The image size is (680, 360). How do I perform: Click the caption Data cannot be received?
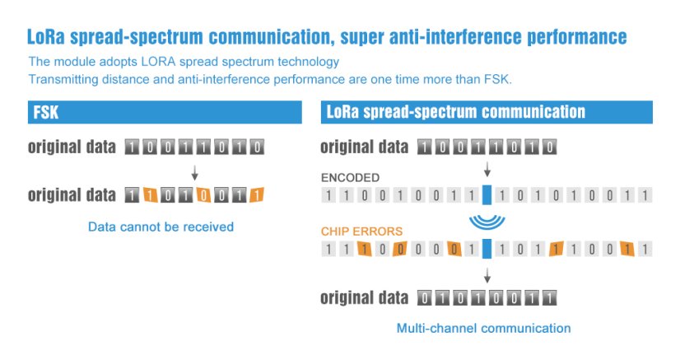coord(161,227)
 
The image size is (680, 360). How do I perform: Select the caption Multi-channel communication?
coord(483,328)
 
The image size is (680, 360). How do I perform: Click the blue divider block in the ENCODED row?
coord(487,196)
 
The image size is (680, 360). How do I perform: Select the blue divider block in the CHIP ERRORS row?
coord(487,249)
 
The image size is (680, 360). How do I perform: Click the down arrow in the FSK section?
coord(194,173)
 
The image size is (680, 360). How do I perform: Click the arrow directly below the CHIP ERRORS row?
coord(487,275)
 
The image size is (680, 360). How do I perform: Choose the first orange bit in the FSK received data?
coord(150,196)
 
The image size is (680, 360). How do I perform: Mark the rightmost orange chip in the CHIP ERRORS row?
coord(627,249)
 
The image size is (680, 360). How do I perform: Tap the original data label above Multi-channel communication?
coord(363,298)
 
